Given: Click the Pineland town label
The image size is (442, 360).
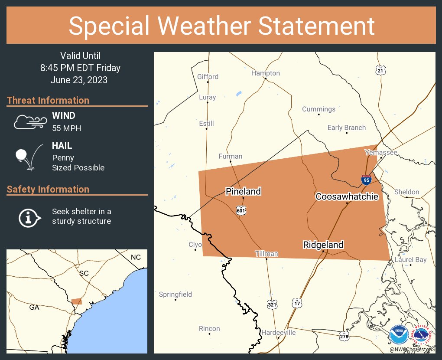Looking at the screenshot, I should [x=243, y=191].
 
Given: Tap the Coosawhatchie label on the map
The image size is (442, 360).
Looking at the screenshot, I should [x=347, y=196].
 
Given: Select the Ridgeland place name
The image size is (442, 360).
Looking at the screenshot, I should [x=323, y=245].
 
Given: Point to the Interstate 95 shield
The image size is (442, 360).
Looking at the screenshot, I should [x=366, y=179].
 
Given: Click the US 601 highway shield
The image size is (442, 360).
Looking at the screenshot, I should [x=241, y=210].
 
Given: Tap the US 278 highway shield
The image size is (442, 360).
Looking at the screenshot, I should [x=344, y=336].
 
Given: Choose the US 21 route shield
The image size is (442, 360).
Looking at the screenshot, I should [x=380, y=70].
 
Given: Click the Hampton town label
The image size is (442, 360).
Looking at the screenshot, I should [x=266, y=73].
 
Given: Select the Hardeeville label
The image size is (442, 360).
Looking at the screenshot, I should [x=278, y=332].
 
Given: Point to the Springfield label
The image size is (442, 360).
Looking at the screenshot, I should [x=175, y=295].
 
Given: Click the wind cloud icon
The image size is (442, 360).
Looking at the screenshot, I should [x=29, y=122].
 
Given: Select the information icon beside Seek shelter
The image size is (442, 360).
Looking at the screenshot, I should [x=29, y=216].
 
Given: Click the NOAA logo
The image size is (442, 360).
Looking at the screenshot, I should [x=399, y=335].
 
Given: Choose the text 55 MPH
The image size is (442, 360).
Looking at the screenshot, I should [x=66, y=128].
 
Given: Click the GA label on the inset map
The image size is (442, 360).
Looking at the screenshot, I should [x=34, y=307].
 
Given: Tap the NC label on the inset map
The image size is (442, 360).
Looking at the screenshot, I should [x=136, y=257].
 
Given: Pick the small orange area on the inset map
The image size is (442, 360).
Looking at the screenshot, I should [x=76, y=301].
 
